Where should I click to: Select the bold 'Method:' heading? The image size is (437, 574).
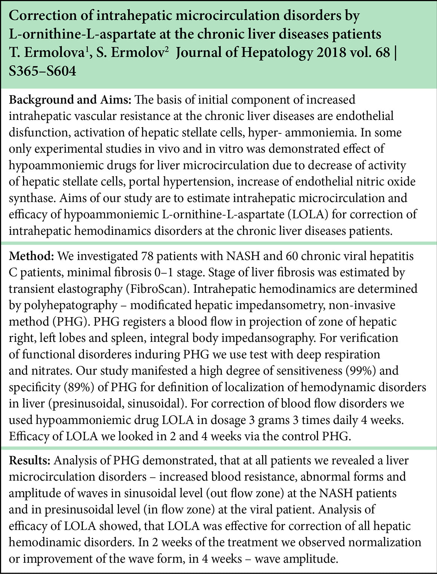[31, 256]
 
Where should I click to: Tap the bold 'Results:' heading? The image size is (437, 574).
[30, 461]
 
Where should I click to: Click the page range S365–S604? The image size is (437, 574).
[42, 70]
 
